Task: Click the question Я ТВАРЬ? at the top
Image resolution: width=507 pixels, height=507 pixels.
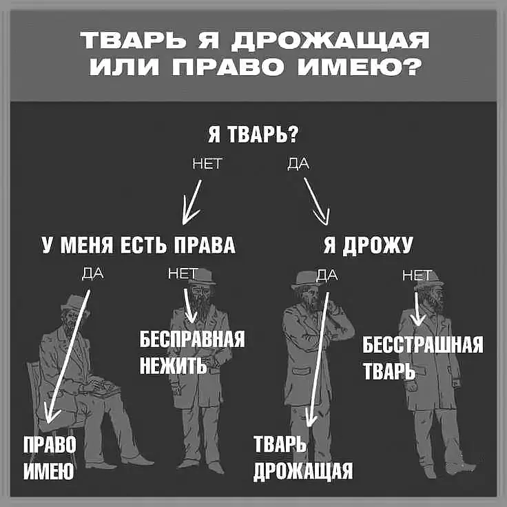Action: tap(252, 134)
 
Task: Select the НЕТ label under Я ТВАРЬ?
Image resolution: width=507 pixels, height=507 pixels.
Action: tap(207, 164)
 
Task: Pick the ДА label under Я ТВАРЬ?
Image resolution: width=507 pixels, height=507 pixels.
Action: tap(298, 164)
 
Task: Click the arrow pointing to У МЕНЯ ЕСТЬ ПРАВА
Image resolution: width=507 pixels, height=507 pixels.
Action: tap(192, 203)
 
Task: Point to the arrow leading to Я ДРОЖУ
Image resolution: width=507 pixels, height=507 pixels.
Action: tap(317, 201)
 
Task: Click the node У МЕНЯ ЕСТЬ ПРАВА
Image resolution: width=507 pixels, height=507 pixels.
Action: tap(138, 245)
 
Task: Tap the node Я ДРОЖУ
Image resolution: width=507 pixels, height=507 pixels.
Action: tap(369, 245)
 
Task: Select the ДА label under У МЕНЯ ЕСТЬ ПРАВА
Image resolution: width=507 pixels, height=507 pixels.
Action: tap(93, 273)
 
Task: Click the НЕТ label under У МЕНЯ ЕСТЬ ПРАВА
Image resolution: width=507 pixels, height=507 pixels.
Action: tap(183, 274)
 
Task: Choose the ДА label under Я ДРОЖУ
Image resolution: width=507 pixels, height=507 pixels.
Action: tap(327, 275)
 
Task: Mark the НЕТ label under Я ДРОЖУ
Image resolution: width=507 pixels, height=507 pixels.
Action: tap(417, 276)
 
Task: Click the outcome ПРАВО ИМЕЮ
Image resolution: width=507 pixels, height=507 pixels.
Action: tap(50, 457)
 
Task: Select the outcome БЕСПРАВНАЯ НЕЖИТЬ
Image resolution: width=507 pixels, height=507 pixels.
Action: tap(192, 352)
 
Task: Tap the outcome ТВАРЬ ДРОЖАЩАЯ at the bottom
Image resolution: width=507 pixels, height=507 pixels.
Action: tap(303, 457)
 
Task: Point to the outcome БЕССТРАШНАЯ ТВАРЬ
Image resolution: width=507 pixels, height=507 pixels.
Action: tap(423, 358)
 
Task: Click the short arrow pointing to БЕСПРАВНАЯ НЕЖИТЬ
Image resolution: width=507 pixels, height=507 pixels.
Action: tap(190, 306)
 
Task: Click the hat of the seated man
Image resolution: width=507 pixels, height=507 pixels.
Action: tap(74, 303)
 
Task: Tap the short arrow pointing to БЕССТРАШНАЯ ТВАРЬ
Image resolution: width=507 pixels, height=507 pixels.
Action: tap(417, 309)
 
